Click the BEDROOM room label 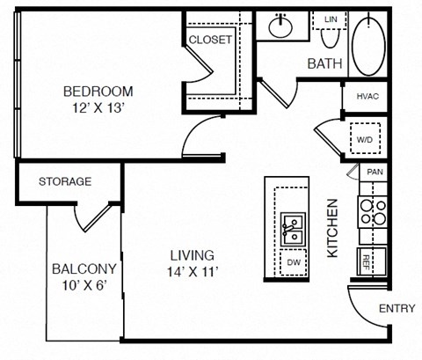point(98,92)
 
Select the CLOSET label point(210,40)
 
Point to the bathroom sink point(280,26)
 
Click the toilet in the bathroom point(331,38)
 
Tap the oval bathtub point(368,47)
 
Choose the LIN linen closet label point(331,19)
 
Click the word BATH point(324,63)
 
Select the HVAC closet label point(367,96)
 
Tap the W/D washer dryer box point(365,138)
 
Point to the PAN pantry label point(375,172)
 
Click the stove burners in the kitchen point(373,212)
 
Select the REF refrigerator point(371,261)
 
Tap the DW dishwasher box point(294,262)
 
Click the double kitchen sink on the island point(293,229)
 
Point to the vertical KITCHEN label point(332,228)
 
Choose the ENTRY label point(397,308)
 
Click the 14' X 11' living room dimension point(193,272)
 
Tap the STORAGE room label point(65,181)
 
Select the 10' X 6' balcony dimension point(84,285)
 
